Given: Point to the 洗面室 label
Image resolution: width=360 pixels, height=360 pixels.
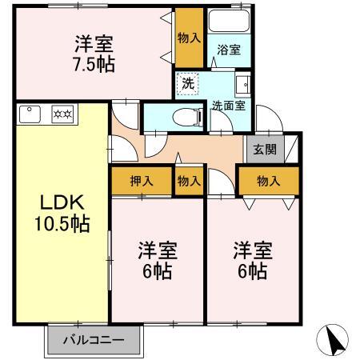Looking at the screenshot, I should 228,104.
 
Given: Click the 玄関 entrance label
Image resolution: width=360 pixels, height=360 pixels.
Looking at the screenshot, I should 265,150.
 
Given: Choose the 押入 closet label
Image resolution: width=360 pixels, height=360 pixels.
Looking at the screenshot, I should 141,182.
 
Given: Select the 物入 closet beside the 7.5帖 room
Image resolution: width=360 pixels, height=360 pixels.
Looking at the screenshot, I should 190,37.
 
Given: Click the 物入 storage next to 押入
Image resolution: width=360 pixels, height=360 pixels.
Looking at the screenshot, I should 189,182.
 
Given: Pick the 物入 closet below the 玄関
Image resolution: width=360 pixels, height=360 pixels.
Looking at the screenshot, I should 268,182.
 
